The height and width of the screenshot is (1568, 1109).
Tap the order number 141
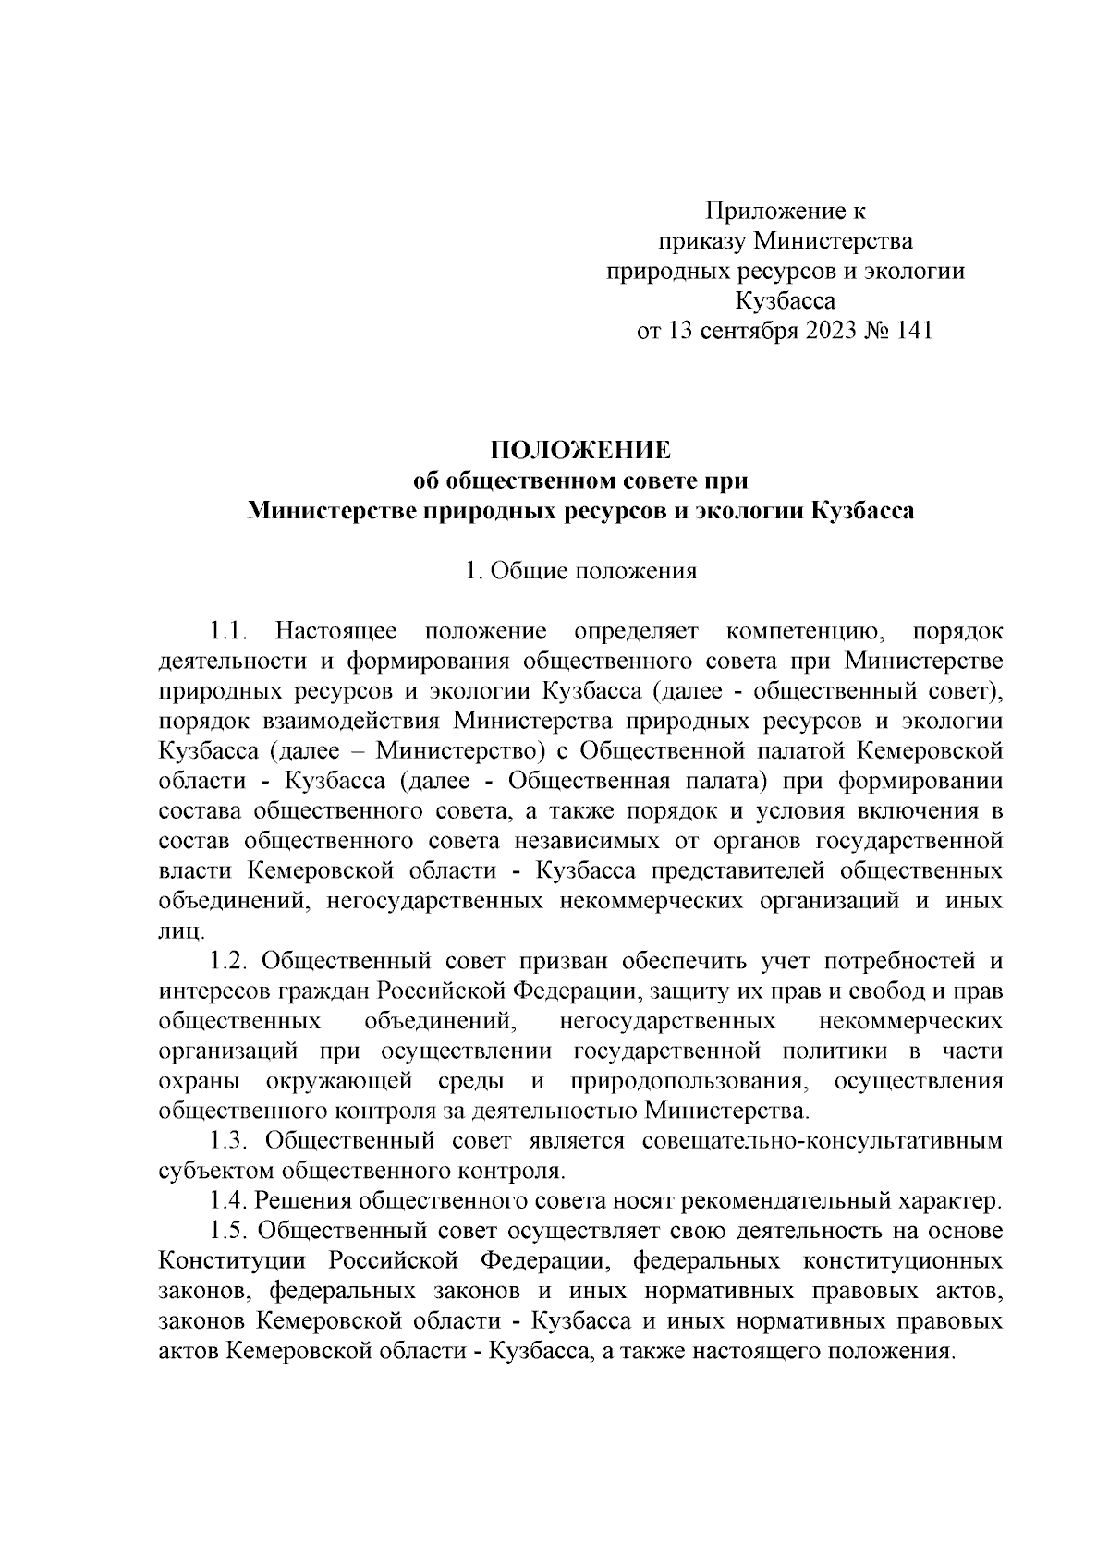point(910,331)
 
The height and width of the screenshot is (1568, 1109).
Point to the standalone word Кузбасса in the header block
point(784,301)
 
